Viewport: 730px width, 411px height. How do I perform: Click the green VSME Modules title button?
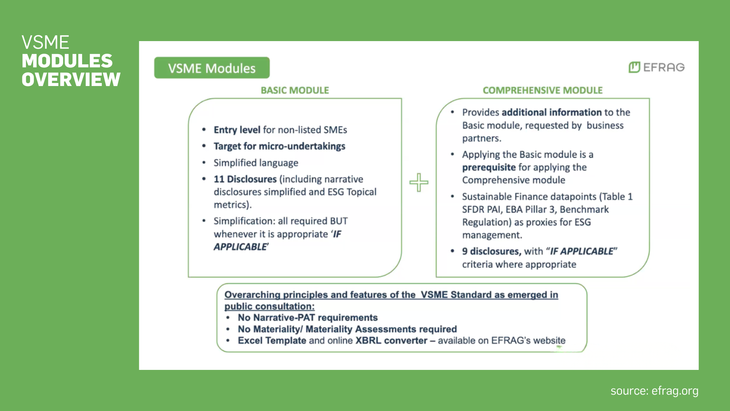[x=212, y=68]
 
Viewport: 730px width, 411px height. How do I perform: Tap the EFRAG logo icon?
[x=634, y=67]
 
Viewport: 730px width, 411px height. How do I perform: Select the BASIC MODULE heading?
[x=295, y=90]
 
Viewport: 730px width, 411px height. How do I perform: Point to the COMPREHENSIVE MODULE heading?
[x=543, y=90]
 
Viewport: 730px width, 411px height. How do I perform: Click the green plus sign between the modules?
[x=419, y=182]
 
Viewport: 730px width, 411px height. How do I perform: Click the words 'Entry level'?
[x=237, y=130]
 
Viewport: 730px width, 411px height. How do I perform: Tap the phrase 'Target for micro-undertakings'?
[x=279, y=146]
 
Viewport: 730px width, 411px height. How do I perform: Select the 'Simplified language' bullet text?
[x=255, y=163]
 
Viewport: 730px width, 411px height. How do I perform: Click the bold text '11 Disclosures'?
[x=245, y=179]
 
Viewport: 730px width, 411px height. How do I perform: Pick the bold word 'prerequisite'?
[x=489, y=167]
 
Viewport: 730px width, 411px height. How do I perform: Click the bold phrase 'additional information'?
[x=551, y=112]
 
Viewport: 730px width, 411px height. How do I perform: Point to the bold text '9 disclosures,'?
[x=491, y=252]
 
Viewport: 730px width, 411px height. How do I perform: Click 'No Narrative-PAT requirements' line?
[x=308, y=318]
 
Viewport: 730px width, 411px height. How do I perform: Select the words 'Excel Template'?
[x=272, y=341]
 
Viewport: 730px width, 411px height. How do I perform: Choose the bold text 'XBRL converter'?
[x=391, y=341]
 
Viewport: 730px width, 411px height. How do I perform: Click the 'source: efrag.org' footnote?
[x=654, y=391]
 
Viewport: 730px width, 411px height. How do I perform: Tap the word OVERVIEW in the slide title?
[x=71, y=80]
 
